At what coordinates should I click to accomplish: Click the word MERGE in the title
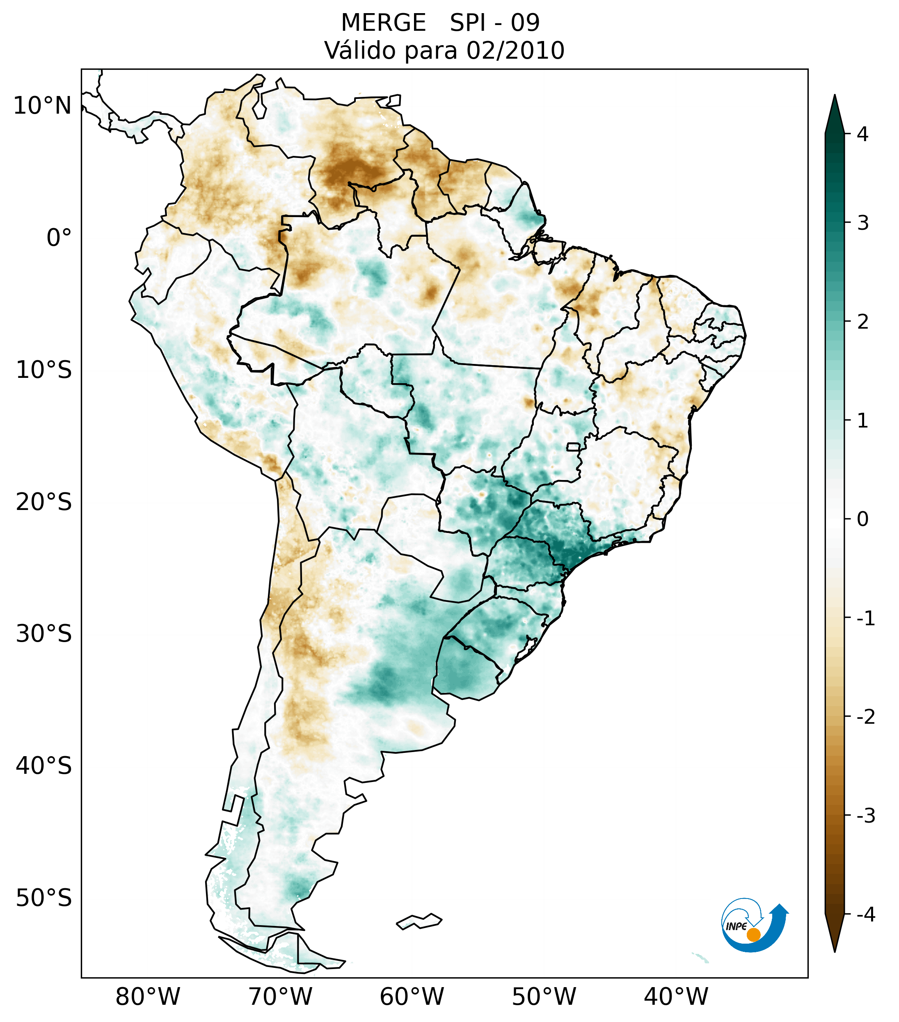coord(384,23)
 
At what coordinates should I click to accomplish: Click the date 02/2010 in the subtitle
coord(515,51)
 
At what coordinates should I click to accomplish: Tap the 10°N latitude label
coord(43,106)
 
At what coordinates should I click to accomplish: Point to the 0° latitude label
coord(59,238)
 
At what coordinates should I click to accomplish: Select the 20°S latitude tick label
coord(44,502)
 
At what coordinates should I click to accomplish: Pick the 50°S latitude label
coord(44,898)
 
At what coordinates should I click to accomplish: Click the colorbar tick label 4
coord(862,134)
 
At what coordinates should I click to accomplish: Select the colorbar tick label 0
coord(862,519)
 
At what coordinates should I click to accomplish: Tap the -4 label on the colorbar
coord(865,915)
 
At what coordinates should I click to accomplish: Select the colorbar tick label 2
coord(862,322)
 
